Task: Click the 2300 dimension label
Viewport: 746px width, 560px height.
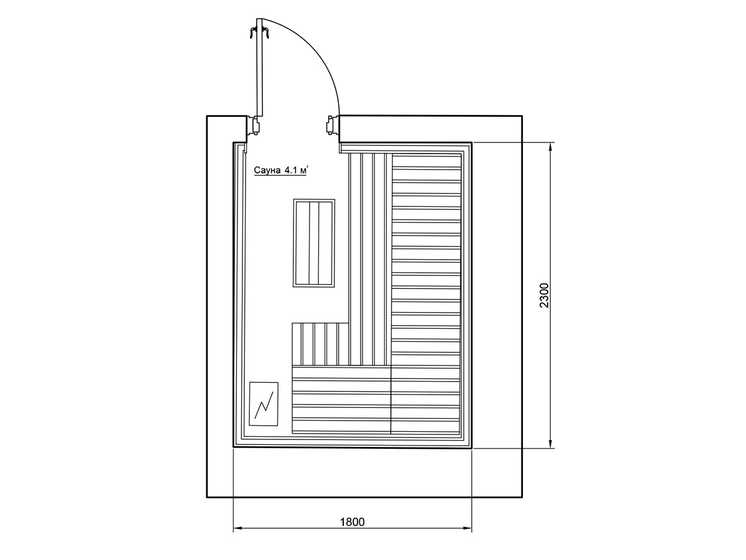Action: point(544,295)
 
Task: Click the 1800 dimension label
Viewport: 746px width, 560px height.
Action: point(352,522)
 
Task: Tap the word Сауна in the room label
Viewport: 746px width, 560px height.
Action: point(267,170)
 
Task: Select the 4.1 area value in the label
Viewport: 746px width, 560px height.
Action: point(290,170)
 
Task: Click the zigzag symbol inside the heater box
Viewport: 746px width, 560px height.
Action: point(264,405)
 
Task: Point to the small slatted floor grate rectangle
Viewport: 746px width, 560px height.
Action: point(314,243)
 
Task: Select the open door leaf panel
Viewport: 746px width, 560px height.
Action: point(259,67)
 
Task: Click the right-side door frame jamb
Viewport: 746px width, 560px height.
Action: point(333,125)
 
